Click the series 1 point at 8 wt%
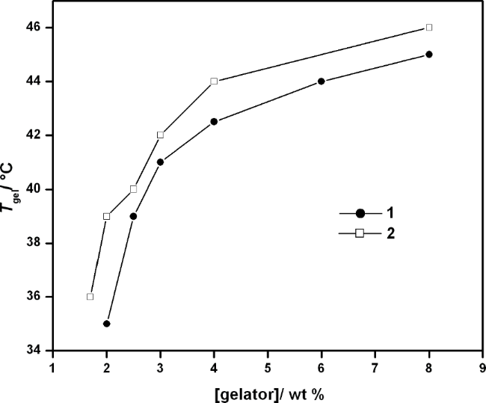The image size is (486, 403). (x=428, y=55)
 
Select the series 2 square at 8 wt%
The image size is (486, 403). (x=428, y=28)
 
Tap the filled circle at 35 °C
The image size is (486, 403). (x=106, y=324)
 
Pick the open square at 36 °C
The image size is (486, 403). (x=90, y=297)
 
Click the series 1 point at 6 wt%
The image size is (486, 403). (x=321, y=81)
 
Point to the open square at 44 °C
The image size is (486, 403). (x=214, y=81)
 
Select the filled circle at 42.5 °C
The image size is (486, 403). (x=214, y=122)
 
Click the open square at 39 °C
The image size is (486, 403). (x=106, y=216)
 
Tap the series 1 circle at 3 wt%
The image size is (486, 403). (x=160, y=162)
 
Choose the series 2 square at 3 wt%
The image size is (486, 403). (x=160, y=135)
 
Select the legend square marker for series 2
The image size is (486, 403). (x=359, y=233)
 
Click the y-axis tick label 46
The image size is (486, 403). (x=37, y=28)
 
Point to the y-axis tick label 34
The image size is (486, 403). (x=37, y=351)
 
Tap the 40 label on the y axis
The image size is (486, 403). (x=37, y=189)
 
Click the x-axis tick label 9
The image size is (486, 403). (x=482, y=367)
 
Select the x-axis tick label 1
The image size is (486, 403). (x=52, y=367)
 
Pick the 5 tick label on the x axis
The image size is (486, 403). (x=267, y=367)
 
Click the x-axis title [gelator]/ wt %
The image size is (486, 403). (x=267, y=393)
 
